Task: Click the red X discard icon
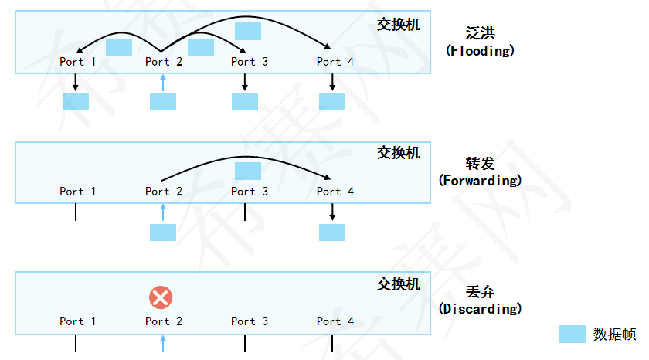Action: pos(161,297)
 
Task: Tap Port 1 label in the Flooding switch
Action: pos(78,62)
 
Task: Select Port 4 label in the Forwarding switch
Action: pos(335,192)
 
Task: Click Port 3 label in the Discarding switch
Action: pos(249,321)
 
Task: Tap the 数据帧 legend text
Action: pos(614,335)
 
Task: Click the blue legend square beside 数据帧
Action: pos(573,335)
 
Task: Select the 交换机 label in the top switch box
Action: pos(399,25)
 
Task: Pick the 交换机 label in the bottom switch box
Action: pos(399,284)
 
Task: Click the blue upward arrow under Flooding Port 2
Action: pos(162,82)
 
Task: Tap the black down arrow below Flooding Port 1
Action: pos(76,82)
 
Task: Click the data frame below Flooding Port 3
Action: pos(245,101)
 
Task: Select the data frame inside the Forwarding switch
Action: pos(248,171)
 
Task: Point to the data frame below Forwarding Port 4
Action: pos(332,233)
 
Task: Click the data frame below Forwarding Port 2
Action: pos(163,233)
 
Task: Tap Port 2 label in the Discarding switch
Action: pos(164,321)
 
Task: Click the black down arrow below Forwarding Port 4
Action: pos(332,212)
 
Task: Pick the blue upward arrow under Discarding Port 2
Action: pos(162,343)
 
